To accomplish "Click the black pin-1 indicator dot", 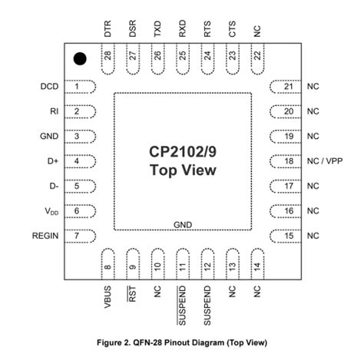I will coord(79,59).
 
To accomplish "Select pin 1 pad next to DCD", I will coord(81,87).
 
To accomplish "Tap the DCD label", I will coord(49,87).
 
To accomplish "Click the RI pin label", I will coord(55,112).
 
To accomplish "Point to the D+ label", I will coord(53,161).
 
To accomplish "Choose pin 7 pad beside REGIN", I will coord(81,236).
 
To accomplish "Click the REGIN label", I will coord(44,236).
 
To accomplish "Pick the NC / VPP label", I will coord(322,161).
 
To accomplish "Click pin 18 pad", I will coord(284,161).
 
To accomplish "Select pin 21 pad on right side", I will coord(284,87).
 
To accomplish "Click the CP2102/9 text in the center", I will coord(183,151).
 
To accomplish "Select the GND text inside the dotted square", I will coord(183,224).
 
